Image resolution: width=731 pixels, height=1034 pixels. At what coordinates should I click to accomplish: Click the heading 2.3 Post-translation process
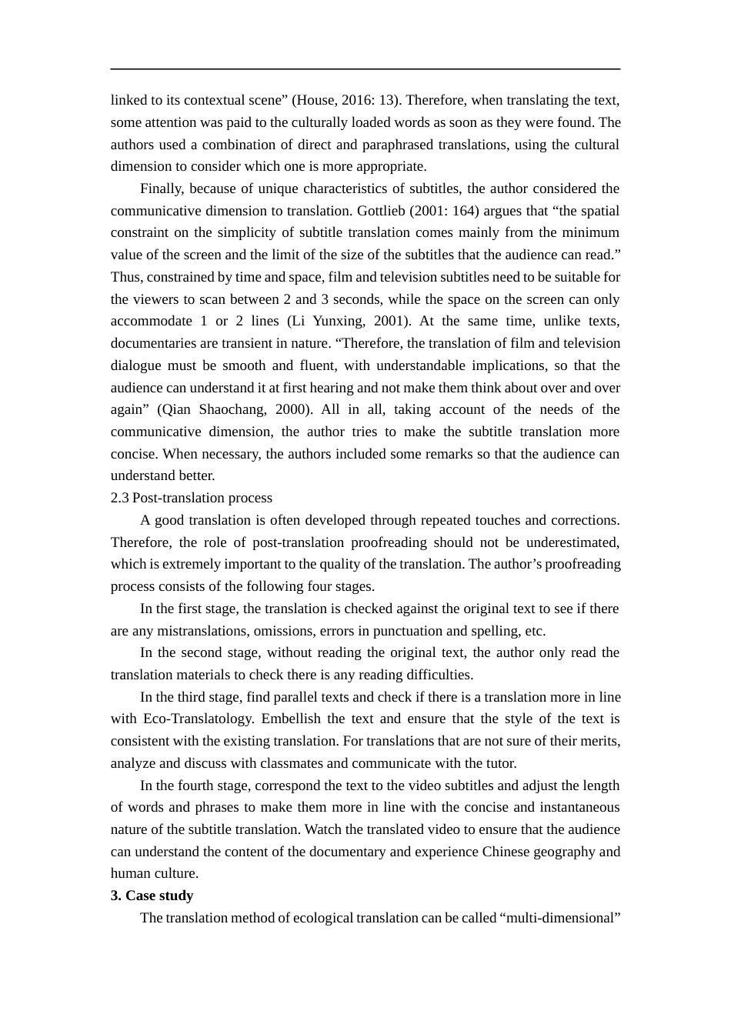tap(192, 499)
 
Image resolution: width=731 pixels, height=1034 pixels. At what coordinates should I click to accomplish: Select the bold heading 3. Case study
tap(152, 896)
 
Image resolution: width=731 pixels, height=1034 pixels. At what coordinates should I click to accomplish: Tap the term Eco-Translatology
tap(199, 719)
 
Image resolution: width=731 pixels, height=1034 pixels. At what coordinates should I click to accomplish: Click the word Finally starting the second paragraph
tap(162, 189)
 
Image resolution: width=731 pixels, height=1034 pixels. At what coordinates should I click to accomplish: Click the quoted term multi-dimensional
tap(560, 919)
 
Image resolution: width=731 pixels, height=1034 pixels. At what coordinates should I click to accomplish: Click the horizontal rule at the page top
tap(365, 69)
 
